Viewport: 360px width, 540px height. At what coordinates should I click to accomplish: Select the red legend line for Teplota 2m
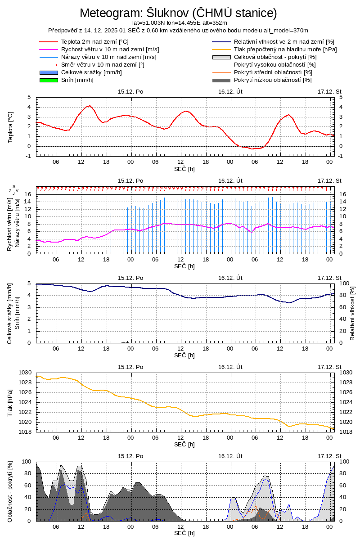(x=49, y=41)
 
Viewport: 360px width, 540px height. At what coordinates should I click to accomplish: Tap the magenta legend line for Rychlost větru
(x=49, y=49)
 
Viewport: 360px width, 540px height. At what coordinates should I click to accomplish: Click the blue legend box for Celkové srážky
(x=49, y=72)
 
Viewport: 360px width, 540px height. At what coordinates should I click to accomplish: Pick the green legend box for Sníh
(x=49, y=80)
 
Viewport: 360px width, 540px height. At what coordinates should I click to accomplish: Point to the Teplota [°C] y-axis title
(x=10, y=127)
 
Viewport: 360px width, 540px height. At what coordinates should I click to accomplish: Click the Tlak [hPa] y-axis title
(x=10, y=402)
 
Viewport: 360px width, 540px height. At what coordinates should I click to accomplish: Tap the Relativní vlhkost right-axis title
(x=352, y=313)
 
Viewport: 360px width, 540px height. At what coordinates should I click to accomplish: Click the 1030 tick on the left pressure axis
(x=26, y=373)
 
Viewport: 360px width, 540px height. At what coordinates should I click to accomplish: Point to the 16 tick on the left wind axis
(x=27, y=194)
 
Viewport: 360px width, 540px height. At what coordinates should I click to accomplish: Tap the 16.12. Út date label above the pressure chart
(x=230, y=367)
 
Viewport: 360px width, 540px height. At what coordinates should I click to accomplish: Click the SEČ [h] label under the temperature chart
(x=184, y=169)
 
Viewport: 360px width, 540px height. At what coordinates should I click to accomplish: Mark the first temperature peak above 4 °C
(x=90, y=106)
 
